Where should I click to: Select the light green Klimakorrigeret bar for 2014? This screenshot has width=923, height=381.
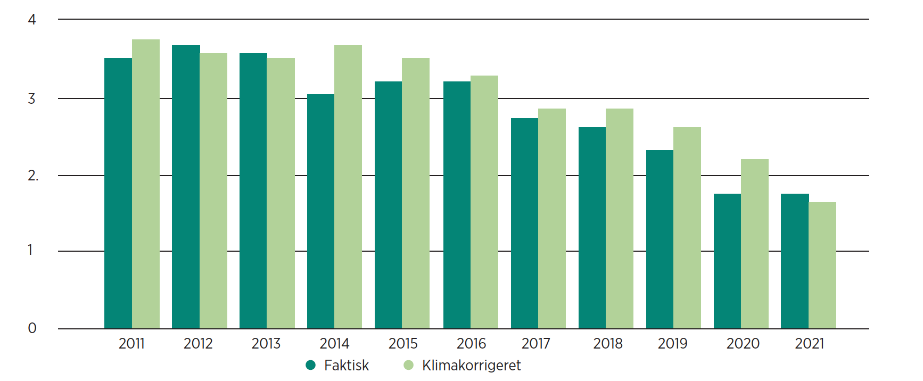pyautogui.click(x=348, y=187)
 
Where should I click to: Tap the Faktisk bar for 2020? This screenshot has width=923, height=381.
pyautogui.click(x=727, y=261)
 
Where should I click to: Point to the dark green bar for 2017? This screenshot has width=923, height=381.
pyautogui.click(x=524, y=223)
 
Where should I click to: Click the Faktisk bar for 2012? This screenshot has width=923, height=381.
pyautogui.click(x=186, y=187)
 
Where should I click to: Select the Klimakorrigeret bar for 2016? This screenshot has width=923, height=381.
pyautogui.click(x=484, y=202)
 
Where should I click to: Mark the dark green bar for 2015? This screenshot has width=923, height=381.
pyautogui.click(x=388, y=205)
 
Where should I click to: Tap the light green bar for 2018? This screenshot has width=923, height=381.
pyautogui.click(x=620, y=218)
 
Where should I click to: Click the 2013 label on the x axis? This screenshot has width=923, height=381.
pyautogui.click(x=266, y=344)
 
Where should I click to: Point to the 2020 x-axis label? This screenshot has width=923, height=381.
pyautogui.click(x=743, y=344)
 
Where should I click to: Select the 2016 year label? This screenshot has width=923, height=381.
pyautogui.click(x=471, y=344)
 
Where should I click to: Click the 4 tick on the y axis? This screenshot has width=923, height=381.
pyautogui.click(x=32, y=20)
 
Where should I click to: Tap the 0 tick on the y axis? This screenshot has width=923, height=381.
pyautogui.click(x=32, y=328)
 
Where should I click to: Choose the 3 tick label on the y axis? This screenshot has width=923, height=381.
pyautogui.click(x=32, y=98)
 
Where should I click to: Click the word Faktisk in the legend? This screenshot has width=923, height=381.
pyautogui.click(x=347, y=366)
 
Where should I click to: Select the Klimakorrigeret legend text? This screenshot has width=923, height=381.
pyautogui.click(x=471, y=366)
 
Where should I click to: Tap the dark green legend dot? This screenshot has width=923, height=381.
pyautogui.click(x=311, y=365)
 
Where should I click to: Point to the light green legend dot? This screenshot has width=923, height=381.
pyautogui.click(x=409, y=365)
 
